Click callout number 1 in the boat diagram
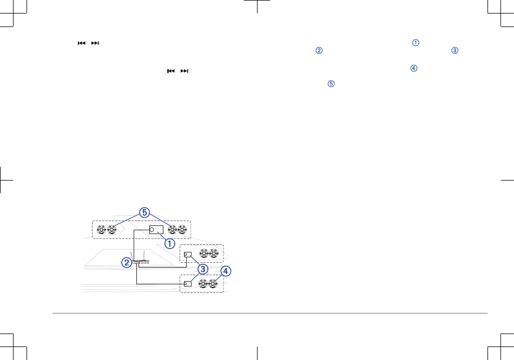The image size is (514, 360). [170, 243]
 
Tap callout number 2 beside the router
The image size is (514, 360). [126, 263]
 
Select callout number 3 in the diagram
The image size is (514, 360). [202, 269]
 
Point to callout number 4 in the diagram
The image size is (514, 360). [225, 271]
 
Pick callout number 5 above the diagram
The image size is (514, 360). [144, 213]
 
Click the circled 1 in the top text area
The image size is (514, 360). [416, 43]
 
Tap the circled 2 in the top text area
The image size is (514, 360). [319, 51]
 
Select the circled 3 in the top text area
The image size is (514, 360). [454, 51]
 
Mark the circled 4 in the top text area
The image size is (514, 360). [414, 68]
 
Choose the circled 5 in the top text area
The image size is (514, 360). [331, 85]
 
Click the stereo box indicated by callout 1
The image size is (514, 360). [156, 230]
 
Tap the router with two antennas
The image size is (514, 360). [142, 262]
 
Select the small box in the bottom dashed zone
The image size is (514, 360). [188, 284]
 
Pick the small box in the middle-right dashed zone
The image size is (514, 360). [188, 255]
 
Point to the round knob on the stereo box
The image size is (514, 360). [152, 230]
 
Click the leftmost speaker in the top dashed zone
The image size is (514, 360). [101, 229]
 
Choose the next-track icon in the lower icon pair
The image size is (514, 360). [185, 71]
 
